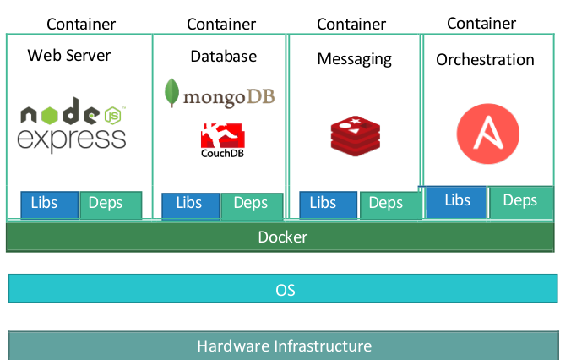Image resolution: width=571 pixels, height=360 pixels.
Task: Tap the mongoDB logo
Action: click(220, 94)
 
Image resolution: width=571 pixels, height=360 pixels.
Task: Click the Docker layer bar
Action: click(281, 237)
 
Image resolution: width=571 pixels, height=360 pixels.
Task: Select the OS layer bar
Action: click(283, 289)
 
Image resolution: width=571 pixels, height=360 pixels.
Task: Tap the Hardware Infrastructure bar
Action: click(283, 346)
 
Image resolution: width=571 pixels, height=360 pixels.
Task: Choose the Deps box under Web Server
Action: click(111, 205)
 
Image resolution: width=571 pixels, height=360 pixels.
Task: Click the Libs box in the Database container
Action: click(188, 205)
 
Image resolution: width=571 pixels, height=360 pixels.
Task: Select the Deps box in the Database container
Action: click(251, 205)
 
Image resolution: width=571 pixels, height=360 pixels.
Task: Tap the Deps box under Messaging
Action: click(389, 205)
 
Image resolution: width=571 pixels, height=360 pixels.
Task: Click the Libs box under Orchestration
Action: click(457, 202)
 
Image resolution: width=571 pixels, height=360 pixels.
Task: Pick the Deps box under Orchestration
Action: click(519, 202)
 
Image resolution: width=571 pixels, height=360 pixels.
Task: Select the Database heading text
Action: click(223, 57)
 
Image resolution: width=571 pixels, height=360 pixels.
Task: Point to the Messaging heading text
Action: click(354, 58)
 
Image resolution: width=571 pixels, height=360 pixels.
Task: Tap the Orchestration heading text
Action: click(485, 59)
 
